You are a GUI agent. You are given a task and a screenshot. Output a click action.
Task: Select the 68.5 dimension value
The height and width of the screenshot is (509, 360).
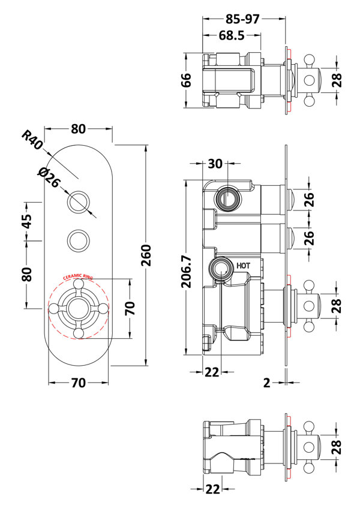[x=231, y=36]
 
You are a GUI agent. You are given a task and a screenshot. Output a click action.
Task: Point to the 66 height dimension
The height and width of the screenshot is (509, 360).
[x=186, y=80]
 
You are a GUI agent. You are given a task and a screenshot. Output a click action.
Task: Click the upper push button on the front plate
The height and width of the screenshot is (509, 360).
[x=78, y=203]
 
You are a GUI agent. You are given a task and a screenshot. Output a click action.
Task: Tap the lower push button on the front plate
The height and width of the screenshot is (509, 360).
[x=78, y=240]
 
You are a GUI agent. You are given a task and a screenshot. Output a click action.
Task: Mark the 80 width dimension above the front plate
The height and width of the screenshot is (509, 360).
[x=79, y=129]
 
